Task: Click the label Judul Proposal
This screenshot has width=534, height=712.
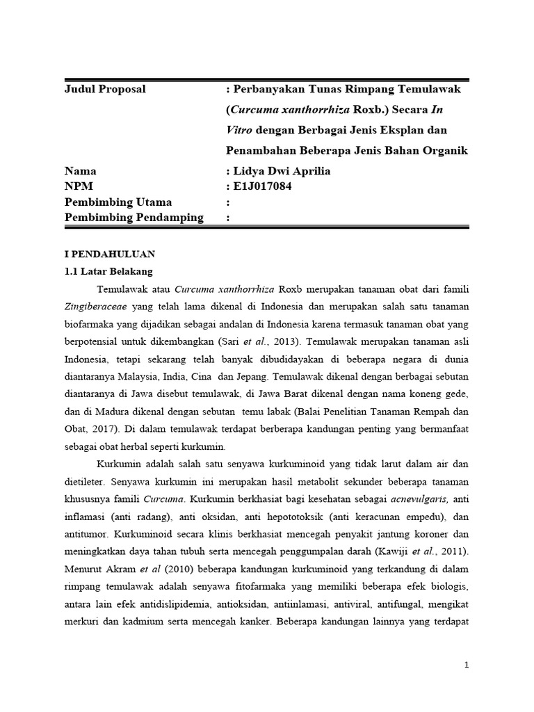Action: pyautogui.click(x=105, y=90)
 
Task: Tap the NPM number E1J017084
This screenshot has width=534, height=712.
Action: pyautogui.click(x=264, y=186)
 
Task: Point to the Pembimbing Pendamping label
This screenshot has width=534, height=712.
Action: pyautogui.click(x=133, y=218)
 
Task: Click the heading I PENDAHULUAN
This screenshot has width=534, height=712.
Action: pyautogui.click(x=110, y=254)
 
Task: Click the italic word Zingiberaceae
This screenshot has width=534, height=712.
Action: pyautogui.click(x=94, y=307)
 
